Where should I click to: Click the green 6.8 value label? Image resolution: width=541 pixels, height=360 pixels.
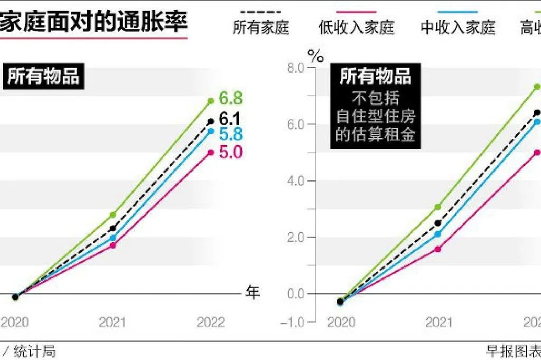(231, 99)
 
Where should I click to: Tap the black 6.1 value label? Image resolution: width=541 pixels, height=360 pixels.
(230, 119)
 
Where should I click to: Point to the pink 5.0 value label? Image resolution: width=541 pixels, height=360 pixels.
(231, 153)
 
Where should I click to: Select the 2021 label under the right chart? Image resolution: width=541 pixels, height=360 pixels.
(438, 322)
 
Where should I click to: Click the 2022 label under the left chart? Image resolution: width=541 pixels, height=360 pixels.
(211, 322)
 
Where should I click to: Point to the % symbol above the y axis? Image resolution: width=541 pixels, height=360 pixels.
(316, 56)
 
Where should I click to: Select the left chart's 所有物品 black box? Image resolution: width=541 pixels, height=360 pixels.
(43, 77)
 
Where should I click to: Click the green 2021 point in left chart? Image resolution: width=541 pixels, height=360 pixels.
(113, 215)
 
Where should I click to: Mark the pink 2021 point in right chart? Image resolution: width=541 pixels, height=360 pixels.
(438, 249)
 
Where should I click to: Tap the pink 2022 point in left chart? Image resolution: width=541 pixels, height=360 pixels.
(211, 153)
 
